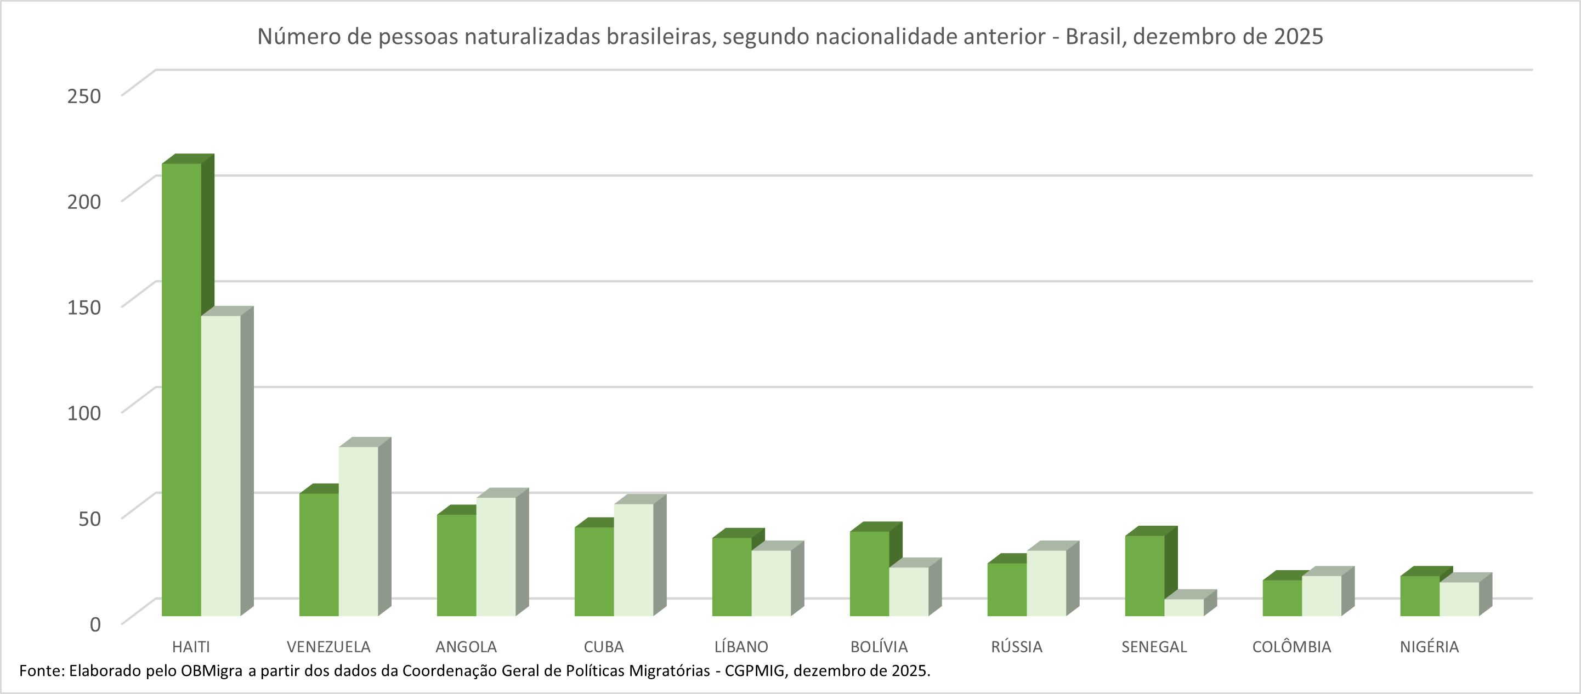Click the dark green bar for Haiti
(182, 390)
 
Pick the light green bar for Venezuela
(359, 531)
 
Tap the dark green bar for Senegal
(1144, 576)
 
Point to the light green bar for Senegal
(1184, 607)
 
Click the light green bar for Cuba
(633, 559)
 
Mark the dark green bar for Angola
(457, 565)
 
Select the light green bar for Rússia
(1046, 583)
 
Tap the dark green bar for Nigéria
(1420, 595)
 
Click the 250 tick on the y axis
(84, 96)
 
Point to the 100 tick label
(84, 412)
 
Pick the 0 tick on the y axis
(95, 624)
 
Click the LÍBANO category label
(741, 647)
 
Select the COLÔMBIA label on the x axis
(1291, 647)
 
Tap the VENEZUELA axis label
(328, 647)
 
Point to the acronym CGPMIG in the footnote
(754, 670)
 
